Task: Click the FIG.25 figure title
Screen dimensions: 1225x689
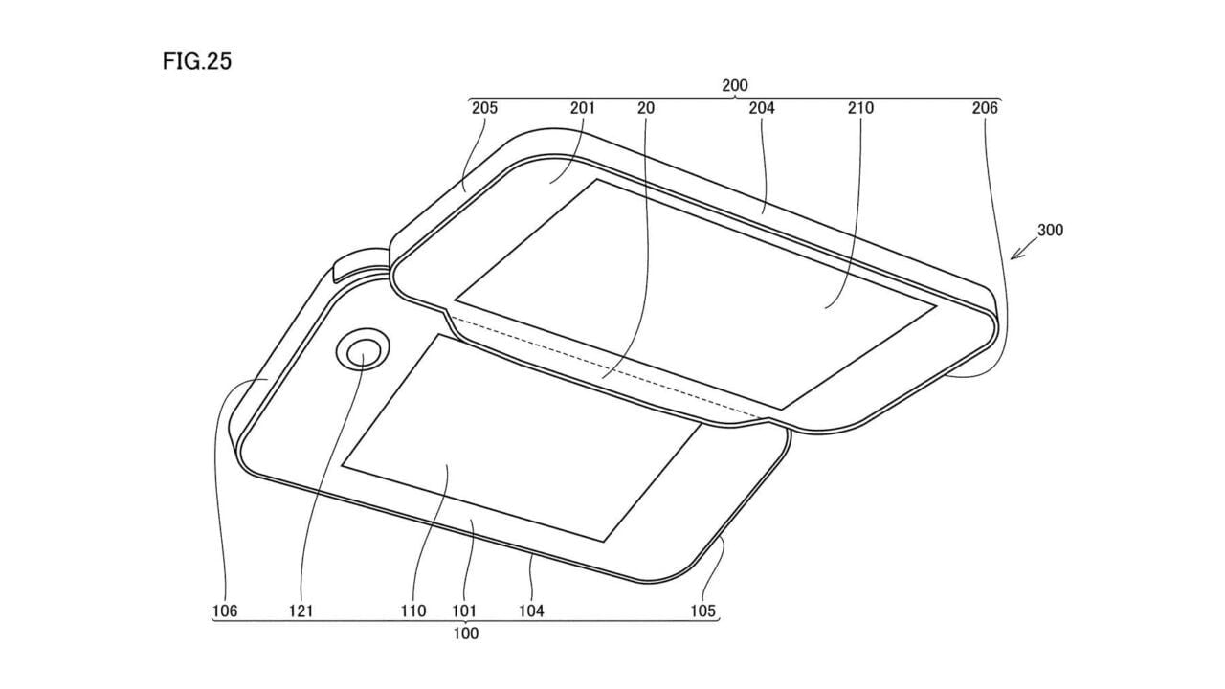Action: [x=197, y=60]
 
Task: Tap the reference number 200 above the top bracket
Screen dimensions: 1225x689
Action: [x=734, y=85]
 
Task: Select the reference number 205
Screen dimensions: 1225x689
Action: [x=484, y=108]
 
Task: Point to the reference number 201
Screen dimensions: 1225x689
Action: [x=582, y=108]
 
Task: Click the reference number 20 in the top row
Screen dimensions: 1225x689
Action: [x=646, y=108]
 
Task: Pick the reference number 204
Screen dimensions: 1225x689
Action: [x=761, y=108]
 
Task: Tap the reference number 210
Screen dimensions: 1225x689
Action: [x=860, y=108]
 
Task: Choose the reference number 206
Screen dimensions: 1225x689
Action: [x=985, y=108]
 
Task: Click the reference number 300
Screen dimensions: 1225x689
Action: [x=1050, y=231]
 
